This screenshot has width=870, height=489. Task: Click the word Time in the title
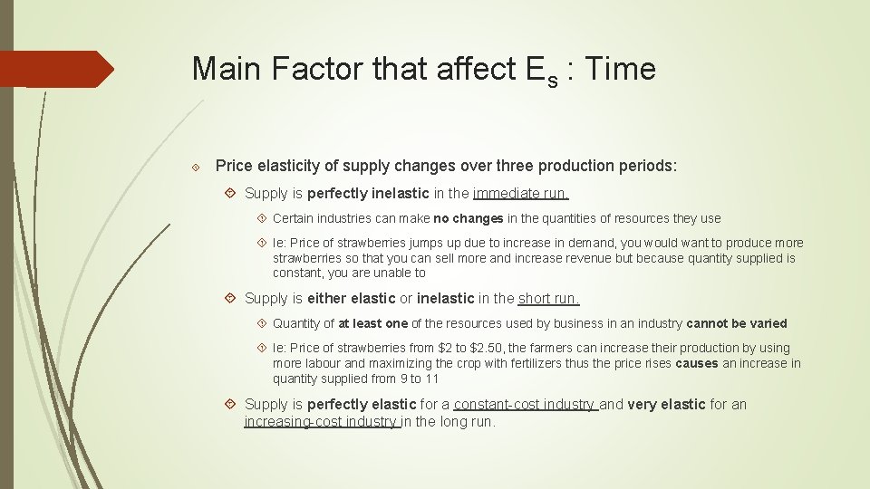pyautogui.click(x=622, y=69)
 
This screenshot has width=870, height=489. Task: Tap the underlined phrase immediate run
pyautogui.click(x=520, y=193)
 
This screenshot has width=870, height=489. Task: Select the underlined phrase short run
pyautogui.click(x=548, y=299)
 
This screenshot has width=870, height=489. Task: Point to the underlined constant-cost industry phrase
pyautogui.click(x=525, y=405)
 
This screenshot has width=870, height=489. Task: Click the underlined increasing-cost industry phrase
pyautogui.click(x=322, y=421)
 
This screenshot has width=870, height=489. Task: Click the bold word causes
pyautogui.click(x=697, y=363)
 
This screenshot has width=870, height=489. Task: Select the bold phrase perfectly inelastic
pyautogui.click(x=368, y=193)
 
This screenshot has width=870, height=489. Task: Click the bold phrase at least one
pyautogui.click(x=372, y=323)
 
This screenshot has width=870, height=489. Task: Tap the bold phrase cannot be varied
pyautogui.click(x=736, y=323)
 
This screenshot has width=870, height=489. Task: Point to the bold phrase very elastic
pyautogui.click(x=666, y=405)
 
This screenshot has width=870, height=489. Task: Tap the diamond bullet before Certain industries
pyautogui.click(x=262, y=218)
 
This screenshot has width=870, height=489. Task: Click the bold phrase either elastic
pyautogui.click(x=352, y=299)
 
